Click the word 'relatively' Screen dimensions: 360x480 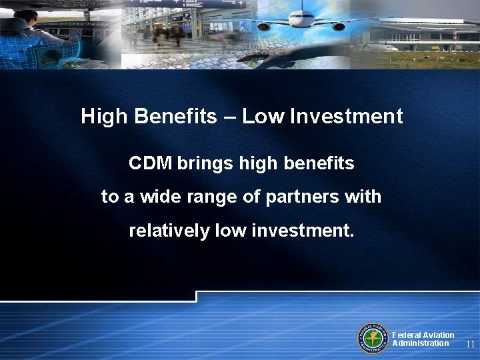pos(169,231)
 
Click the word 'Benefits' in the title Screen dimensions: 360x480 pos(176,117)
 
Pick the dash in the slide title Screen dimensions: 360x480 pos(229,118)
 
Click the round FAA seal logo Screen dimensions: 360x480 pos(373,338)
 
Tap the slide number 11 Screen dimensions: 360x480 pos(470,345)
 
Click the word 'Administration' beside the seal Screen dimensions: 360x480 pos(421,343)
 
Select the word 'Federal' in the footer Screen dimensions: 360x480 pos(407,335)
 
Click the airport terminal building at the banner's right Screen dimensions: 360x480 pos(427,33)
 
